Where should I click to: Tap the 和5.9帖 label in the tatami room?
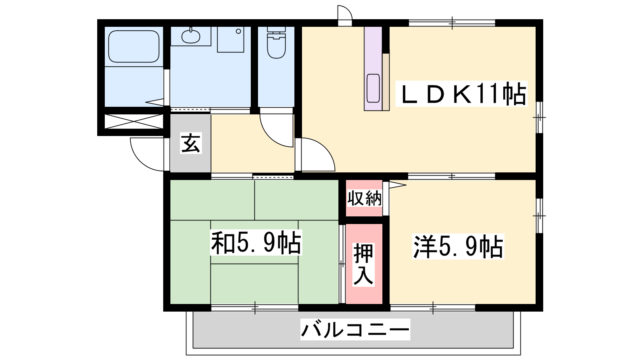tap(256, 243)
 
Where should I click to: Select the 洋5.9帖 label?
tap(458, 246)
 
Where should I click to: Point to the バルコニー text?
tap(355, 330)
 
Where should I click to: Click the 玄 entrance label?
tap(190, 143)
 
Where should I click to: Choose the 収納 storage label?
tap(364, 198)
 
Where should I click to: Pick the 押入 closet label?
tap(363, 264)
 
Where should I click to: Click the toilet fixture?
tap(276, 42)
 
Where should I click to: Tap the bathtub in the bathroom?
tap(134, 46)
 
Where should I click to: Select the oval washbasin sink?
tap(190, 36)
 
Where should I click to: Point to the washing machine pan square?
tap(230, 40)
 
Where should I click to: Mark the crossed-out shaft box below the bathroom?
tap(134, 122)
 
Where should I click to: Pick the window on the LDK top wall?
tap(452, 23)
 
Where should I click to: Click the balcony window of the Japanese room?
tap(255, 308)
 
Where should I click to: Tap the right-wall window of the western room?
tap(539, 216)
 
